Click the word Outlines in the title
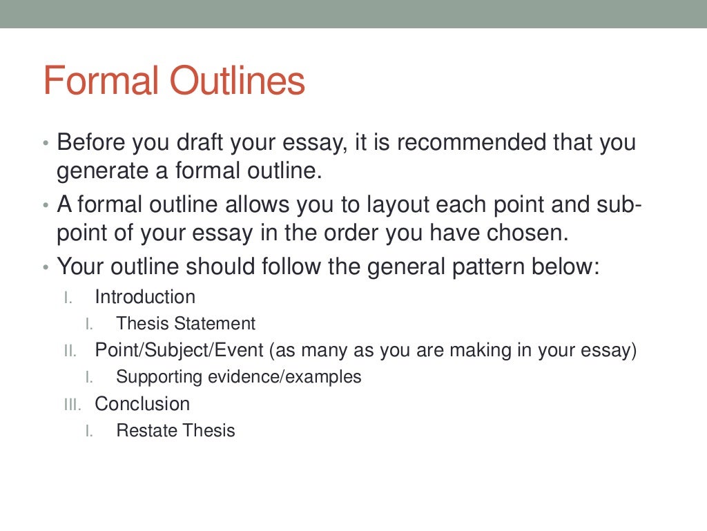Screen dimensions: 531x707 coord(238,81)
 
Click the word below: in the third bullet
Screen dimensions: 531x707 coord(568,267)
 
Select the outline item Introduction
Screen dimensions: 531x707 coord(145,298)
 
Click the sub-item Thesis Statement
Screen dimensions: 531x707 coord(186,324)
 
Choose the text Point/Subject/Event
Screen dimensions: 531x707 coord(180,351)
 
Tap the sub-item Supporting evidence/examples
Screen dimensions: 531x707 coord(239,377)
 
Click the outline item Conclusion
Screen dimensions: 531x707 coord(142,404)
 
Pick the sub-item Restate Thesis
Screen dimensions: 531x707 coord(175,431)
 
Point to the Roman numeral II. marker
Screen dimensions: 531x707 coord(70,351)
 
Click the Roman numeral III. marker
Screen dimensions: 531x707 coord(72,405)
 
